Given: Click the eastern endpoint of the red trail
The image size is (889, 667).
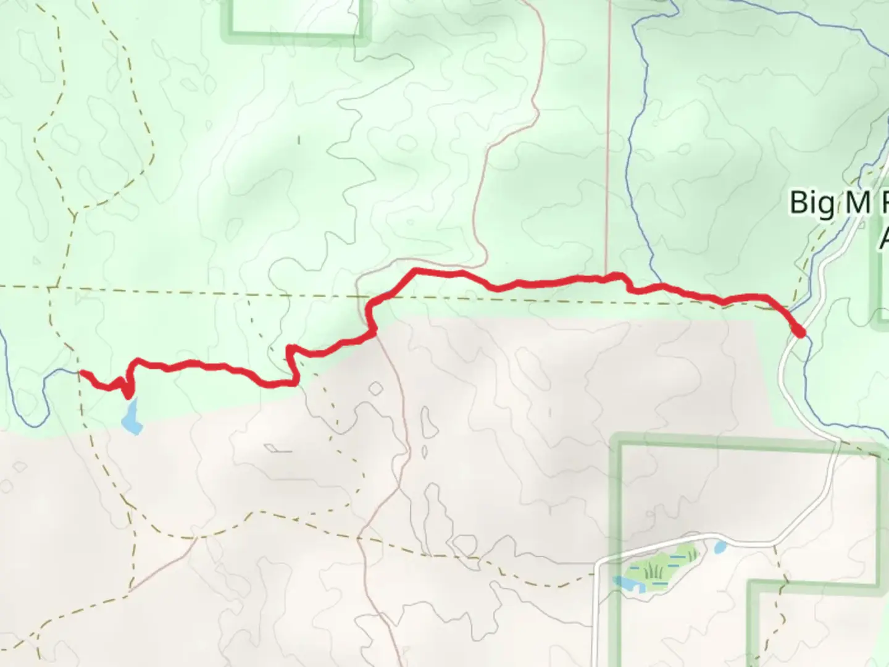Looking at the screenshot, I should click(800, 333).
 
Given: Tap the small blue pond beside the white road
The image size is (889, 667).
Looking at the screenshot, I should click(720, 547).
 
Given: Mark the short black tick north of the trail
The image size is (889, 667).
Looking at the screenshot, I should click(299, 140).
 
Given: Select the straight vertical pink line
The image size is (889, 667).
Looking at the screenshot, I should click(608, 124).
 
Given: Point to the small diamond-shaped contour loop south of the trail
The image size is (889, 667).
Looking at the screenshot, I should click(374, 388).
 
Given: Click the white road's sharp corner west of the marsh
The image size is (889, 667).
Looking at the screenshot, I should click(598, 563).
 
